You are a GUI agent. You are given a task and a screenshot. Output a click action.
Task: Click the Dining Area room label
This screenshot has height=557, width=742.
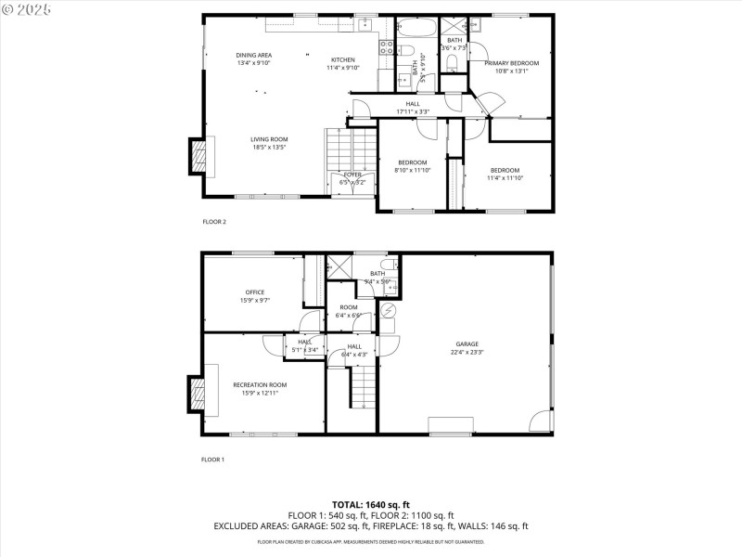[253, 55]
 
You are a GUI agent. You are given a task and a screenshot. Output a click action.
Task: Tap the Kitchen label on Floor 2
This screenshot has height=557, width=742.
[342, 59]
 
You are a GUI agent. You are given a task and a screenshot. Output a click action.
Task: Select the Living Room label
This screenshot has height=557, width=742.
[269, 139]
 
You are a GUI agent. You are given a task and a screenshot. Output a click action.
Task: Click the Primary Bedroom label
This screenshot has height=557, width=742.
[511, 62]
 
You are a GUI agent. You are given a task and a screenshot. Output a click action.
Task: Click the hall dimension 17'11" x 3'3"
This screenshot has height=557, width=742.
[413, 111]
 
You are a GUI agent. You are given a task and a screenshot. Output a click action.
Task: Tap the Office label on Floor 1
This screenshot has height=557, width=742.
[254, 292]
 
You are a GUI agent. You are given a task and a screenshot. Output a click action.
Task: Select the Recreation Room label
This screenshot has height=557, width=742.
[260, 384]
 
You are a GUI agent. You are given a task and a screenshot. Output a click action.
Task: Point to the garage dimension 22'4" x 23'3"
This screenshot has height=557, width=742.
[467, 351]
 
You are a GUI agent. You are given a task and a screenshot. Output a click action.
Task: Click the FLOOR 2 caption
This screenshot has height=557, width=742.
[214, 222]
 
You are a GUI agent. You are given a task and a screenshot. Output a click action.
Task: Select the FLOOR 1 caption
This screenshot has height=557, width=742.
[213, 460]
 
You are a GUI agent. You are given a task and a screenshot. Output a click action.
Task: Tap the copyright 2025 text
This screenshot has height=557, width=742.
[28, 8]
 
